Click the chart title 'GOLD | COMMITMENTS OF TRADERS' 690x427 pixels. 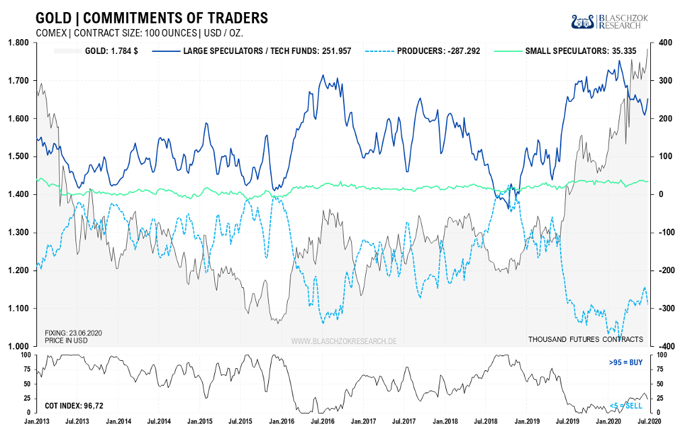point(151,18)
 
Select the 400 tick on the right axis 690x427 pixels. point(666,42)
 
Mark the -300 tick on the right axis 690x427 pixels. point(664,308)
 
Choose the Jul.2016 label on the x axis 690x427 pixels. point(320,421)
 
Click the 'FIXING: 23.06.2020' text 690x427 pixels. point(75,333)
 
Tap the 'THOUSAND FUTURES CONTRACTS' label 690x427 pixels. point(586,339)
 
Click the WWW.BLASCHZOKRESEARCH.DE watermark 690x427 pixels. point(344,341)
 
